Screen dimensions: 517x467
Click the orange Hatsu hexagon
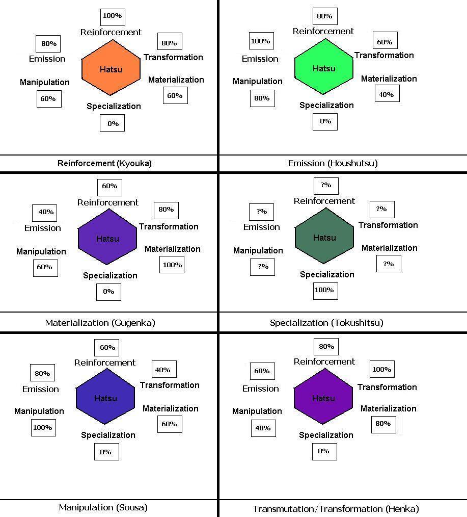tap(111, 69)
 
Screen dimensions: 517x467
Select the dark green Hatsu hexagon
tap(324, 238)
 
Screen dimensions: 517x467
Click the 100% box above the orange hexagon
tap(113, 16)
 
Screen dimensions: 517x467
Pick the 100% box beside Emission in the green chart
tap(261, 41)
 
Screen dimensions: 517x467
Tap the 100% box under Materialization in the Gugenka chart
tap(172, 265)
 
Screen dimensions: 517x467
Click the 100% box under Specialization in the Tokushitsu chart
tap(325, 291)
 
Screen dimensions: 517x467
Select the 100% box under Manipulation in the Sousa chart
tap(43, 428)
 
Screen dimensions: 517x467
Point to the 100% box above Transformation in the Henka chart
tap(381, 370)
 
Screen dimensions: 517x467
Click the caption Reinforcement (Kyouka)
tap(104, 164)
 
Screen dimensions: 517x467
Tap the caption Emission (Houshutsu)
tap(333, 164)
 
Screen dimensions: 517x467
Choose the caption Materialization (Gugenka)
tap(100, 323)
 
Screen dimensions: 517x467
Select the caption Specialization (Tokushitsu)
tap(326, 323)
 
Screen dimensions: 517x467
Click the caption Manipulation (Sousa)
tap(103, 507)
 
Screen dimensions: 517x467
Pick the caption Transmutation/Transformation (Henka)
tap(336, 509)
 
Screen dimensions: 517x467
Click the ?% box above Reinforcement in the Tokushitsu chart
tap(326, 186)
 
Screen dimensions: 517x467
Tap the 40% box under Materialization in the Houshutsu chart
tap(387, 94)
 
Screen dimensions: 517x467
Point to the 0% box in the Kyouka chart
tap(113, 123)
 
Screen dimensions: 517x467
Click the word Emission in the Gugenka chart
tap(43, 228)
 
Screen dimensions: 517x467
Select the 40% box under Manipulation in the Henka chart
tap(263, 428)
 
